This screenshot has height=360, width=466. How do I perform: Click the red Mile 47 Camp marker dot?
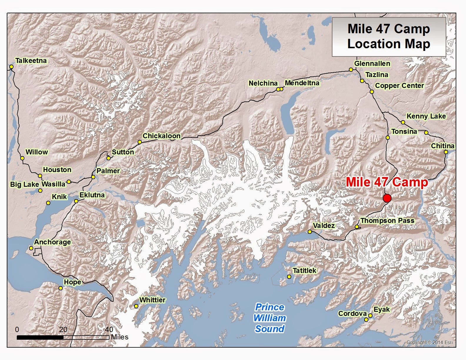coord(387,198)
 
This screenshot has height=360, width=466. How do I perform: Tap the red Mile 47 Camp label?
coord(387,182)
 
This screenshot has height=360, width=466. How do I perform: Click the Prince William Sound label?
coord(269,318)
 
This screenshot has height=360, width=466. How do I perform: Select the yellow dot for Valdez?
coord(309,232)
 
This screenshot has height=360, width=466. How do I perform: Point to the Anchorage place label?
coord(52,242)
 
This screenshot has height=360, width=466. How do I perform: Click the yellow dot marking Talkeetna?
coord(11,67)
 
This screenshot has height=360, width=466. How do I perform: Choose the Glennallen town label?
coord(372,64)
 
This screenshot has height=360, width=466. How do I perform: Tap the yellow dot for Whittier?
coord(136,306)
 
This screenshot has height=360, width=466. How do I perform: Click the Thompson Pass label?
coord(387,221)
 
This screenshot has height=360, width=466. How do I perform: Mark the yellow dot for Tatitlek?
coord(289,277)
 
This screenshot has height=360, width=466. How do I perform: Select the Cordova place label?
coord(352,314)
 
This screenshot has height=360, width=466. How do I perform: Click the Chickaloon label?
coord(161,136)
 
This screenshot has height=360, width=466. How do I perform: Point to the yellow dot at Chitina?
coord(446,152)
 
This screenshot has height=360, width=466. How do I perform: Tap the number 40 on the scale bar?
coord(109,329)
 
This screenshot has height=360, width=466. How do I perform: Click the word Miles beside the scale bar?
coord(119,337)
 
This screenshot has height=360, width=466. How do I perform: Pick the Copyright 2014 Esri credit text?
coord(429,342)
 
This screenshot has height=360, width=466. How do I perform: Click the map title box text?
coord(389,36)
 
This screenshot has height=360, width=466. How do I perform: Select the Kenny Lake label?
coord(426,116)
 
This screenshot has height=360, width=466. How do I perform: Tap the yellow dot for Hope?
coord(60,288)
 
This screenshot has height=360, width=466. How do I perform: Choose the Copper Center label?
coord(399,86)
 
